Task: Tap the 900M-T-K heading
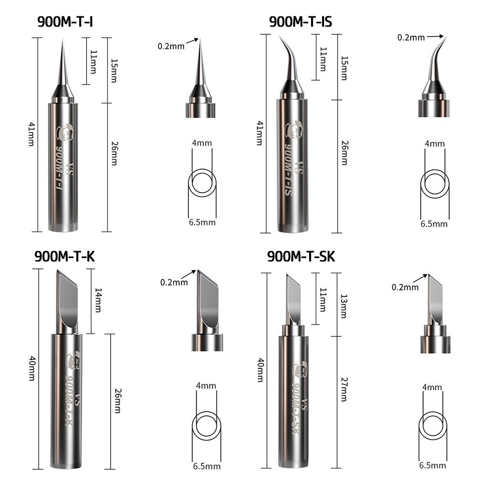[x=64, y=256]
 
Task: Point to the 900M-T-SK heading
[x=301, y=256]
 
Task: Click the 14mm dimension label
[x=98, y=300]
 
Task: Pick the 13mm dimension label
[x=343, y=306]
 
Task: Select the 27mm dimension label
[x=343, y=389]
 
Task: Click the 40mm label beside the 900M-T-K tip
[x=31, y=369]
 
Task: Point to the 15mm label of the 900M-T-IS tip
[x=343, y=68]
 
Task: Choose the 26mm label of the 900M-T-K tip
[x=117, y=400]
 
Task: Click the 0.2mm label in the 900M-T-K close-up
[x=174, y=283]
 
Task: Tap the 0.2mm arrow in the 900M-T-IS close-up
[x=435, y=36]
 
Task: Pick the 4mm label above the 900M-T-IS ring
[x=434, y=143]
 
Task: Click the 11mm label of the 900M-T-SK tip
[x=323, y=299]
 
